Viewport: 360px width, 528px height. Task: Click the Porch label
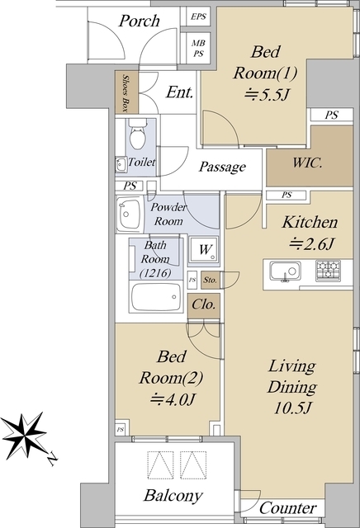tap(139, 21)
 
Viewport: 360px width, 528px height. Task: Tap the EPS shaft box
tap(198, 16)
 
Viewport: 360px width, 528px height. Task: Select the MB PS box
tap(198, 48)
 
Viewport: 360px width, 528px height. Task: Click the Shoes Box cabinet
tap(126, 92)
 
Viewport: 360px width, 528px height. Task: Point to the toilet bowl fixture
tap(138, 134)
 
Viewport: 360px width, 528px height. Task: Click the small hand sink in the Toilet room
tap(121, 165)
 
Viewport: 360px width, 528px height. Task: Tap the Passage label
tap(222, 167)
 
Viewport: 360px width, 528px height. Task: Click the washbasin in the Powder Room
tap(128, 214)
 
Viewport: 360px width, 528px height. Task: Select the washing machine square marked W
tap(203, 249)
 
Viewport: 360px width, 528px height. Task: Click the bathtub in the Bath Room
tap(156, 297)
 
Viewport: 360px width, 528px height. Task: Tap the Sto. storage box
tap(211, 280)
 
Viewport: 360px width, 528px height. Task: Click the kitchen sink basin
tap(285, 271)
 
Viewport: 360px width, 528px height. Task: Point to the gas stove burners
tap(328, 271)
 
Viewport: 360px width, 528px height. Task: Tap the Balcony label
tap(173, 496)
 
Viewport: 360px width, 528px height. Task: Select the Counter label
tap(288, 507)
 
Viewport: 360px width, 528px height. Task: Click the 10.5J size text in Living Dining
tap(292, 408)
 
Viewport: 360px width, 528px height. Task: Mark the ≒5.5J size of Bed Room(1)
tap(267, 95)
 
